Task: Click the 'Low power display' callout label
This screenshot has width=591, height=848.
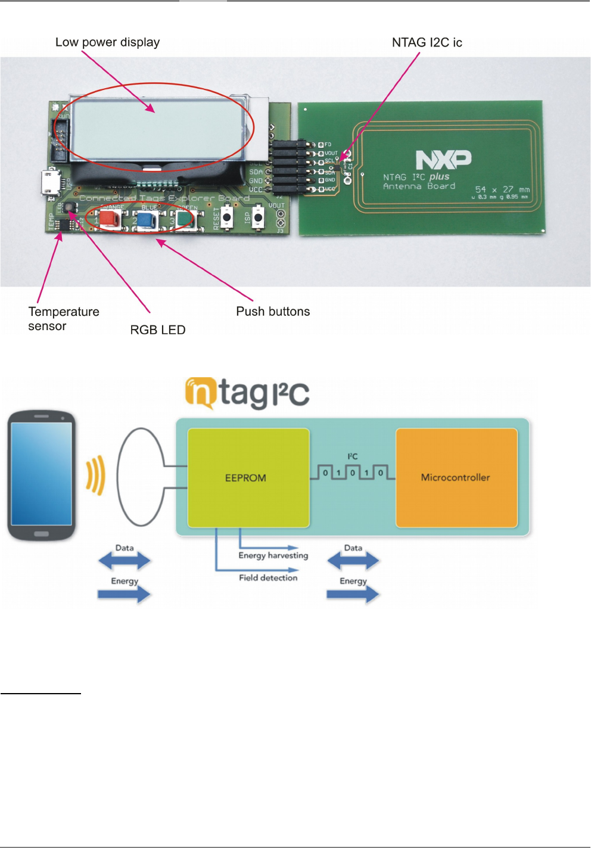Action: click(x=107, y=42)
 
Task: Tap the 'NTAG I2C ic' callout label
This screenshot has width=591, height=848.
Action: click(x=427, y=42)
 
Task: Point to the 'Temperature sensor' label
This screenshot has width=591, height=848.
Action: click(x=63, y=319)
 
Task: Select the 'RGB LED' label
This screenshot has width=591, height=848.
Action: click(x=158, y=330)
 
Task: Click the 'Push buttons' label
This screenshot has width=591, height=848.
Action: click(x=273, y=312)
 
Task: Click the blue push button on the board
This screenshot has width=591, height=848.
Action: click(x=147, y=219)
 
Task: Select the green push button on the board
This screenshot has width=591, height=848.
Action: click(x=185, y=219)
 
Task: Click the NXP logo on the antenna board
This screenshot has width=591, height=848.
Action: click(x=443, y=160)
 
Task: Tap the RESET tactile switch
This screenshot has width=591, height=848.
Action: click(x=227, y=218)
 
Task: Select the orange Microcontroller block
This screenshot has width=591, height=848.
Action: click(x=456, y=477)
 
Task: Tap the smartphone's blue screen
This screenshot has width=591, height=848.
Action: click(x=41, y=474)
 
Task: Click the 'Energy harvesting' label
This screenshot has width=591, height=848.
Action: click(x=273, y=555)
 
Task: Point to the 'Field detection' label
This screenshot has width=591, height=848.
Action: click(x=268, y=577)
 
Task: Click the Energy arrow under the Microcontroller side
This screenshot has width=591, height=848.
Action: click(x=353, y=594)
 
